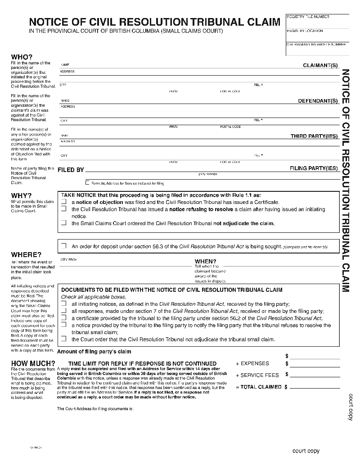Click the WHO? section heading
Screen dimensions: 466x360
[22, 57]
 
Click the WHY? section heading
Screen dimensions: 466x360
[21, 196]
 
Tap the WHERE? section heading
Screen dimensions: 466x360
[26, 255]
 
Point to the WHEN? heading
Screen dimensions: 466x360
[205, 261]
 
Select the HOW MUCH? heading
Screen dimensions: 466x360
[33, 364]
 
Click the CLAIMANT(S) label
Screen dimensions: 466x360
[320, 66]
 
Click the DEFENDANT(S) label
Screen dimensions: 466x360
[318, 101]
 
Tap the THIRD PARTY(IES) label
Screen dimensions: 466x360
[314, 136]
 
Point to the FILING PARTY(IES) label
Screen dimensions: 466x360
[313, 168]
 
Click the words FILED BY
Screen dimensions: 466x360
[71, 170]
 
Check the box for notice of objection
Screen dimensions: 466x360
[64, 203]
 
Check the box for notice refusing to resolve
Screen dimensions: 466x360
[64, 209]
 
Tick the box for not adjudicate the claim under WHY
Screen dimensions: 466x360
[64, 223]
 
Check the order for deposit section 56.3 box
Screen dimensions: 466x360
[64, 246]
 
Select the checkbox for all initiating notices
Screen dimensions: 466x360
[64, 304]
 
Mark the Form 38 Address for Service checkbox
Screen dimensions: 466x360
[87, 183]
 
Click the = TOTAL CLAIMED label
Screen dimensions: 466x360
[259, 387]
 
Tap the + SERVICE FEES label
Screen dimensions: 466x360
[257, 375]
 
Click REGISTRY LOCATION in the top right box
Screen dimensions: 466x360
[305, 31]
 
